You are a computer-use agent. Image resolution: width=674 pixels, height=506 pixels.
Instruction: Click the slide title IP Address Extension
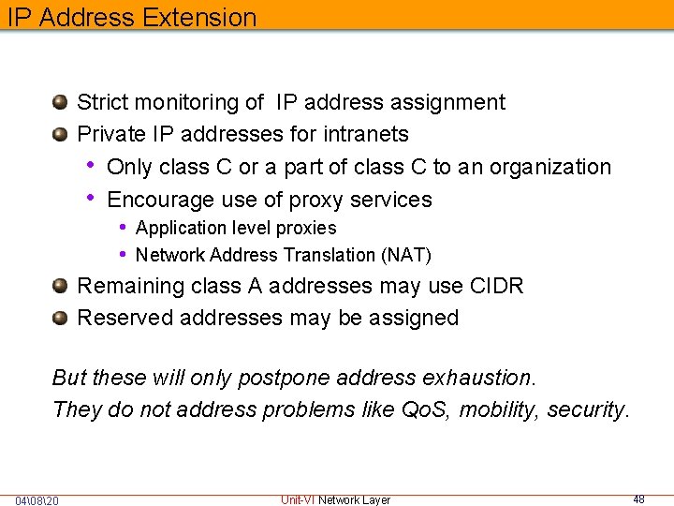point(129,17)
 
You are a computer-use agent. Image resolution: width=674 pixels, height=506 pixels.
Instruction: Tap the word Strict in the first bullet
point(103,102)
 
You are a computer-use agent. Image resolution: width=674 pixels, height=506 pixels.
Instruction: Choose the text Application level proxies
point(236,228)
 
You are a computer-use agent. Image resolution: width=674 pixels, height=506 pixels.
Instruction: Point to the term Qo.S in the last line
point(424,409)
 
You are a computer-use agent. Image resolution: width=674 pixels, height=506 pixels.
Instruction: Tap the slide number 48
point(638,499)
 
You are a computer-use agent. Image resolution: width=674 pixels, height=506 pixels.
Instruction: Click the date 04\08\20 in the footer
point(37,500)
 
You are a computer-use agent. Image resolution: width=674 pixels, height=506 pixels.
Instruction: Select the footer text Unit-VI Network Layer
point(335,499)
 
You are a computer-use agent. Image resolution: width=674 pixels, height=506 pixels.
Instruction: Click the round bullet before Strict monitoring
point(60,101)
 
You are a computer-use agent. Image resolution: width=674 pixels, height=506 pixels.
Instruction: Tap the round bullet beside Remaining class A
point(60,285)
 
